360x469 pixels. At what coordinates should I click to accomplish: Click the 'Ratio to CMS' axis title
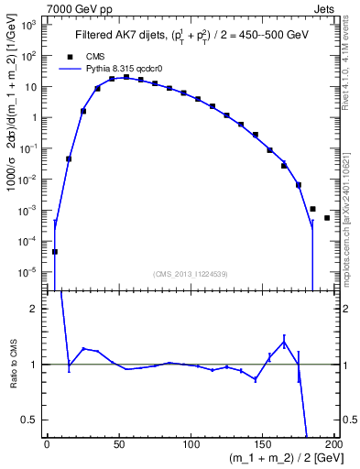(x=14, y=364)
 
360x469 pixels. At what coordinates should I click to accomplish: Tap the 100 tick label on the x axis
(x=191, y=443)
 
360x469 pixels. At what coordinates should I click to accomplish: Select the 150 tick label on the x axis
(x=262, y=443)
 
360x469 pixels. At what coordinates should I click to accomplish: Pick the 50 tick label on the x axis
(x=119, y=443)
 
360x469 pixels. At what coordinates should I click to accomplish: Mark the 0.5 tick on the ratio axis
(x=29, y=420)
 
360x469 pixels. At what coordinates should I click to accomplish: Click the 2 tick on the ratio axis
(x=34, y=309)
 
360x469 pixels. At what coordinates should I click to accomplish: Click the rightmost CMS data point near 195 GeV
(x=327, y=218)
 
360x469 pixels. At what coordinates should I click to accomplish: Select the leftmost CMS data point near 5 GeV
(x=55, y=252)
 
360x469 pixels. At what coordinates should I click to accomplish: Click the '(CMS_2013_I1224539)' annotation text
(x=190, y=273)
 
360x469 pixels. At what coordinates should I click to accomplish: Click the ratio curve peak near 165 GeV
(x=284, y=342)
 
